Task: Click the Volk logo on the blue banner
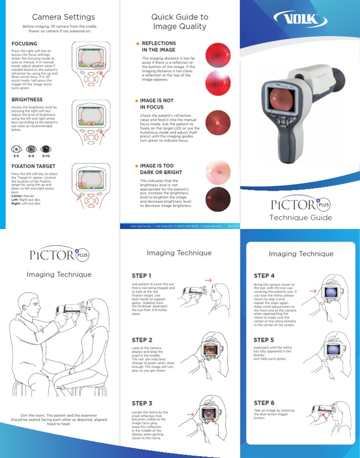tap(300, 21)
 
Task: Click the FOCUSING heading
tap(24, 44)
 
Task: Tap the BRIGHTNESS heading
tap(27, 100)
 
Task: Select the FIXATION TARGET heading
tap(33, 166)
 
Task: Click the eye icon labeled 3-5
tap(17, 149)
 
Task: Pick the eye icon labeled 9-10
tap(46, 149)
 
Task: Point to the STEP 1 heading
tap(142, 275)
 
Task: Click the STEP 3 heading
tap(142, 403)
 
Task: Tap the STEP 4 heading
tap(264, 275)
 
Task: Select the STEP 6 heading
tap(264, 403)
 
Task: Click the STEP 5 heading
tap(264, 340)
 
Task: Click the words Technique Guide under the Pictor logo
tap(300, 217)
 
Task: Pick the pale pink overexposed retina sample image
tap(218, 172)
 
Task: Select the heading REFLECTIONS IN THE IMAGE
tap(158, 46)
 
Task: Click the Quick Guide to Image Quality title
tap(180, 22)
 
